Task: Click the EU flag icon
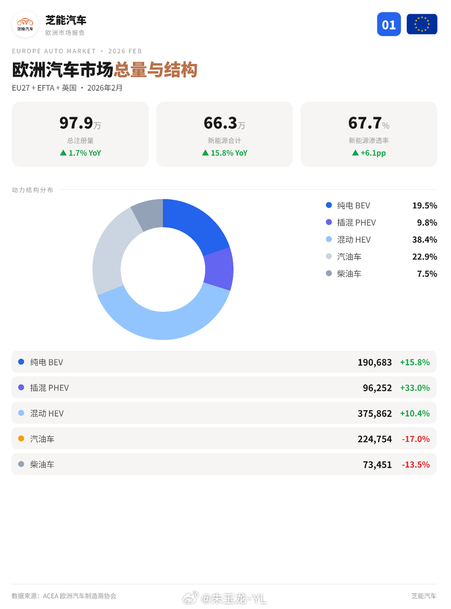tap(421, 24)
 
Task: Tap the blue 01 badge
tap(389, 24)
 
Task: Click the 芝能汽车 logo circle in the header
tap(25, 24)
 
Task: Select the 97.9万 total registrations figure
tap(80, 123)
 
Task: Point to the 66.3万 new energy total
tap(224, 123)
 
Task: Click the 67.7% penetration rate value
tap(368, 123)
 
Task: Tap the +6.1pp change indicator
tap(369, 153)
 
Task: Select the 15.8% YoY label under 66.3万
tap(224, 153)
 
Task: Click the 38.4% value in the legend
tap(424, 240)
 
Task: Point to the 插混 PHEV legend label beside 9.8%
tap(356, 223)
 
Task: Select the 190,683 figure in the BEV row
tap(374, 362)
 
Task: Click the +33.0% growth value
tap(414, 388)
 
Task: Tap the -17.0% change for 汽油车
tap(415, 439)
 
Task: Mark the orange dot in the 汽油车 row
tap(21, 439)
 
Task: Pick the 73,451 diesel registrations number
tap(377, 464)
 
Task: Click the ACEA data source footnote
tap(64, 596)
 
